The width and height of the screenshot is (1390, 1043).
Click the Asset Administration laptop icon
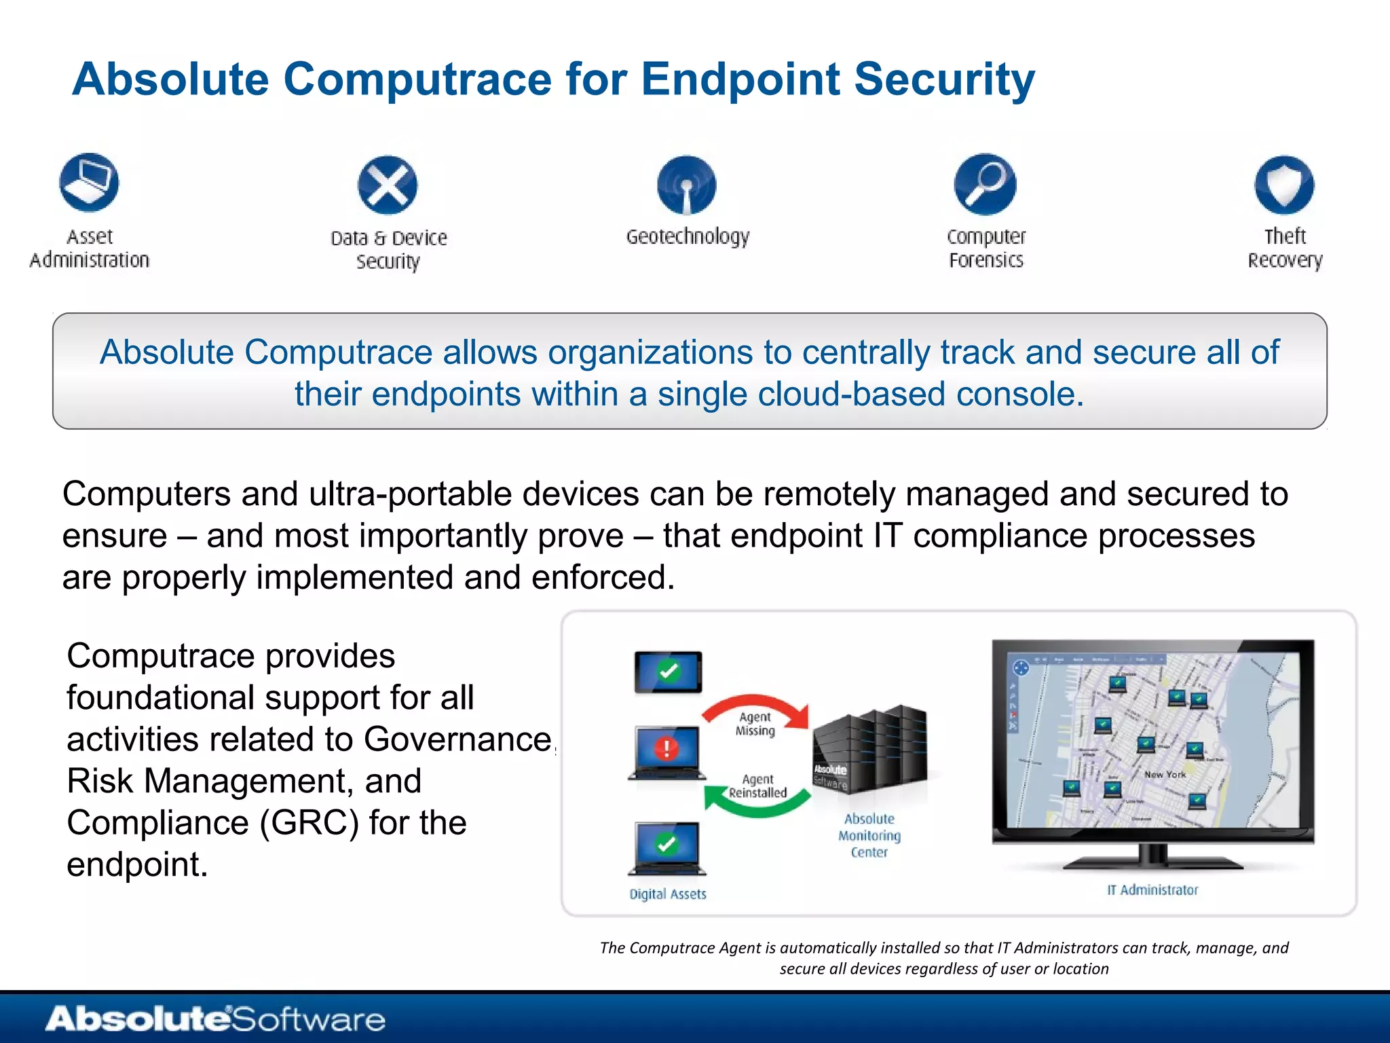pos(89,183)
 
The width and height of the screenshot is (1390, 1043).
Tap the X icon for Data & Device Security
pos(388,185)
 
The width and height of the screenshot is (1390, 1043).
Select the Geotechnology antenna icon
pos(686,185)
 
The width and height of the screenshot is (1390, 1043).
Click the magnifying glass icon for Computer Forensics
pos(985,184)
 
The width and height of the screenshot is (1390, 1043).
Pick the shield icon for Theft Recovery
pos(1284,185)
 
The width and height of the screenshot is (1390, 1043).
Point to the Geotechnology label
pos(688,236)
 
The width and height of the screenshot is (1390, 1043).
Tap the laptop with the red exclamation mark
pos(667,751)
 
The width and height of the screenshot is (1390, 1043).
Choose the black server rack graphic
pos(871,749)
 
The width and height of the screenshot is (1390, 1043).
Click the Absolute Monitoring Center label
pos(869,835)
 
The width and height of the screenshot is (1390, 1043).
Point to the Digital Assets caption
pos(668,894)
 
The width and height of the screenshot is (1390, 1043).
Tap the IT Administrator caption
pos(1152,890)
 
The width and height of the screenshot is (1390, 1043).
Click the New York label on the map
pos(1165,774)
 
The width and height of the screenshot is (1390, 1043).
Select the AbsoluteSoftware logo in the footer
pos(215,1019)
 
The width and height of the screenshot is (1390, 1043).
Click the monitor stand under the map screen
pos(1152,858)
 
